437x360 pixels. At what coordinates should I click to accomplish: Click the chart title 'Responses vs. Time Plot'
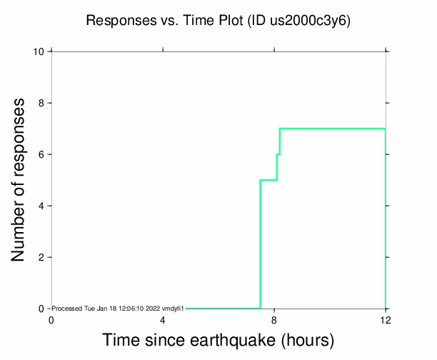pos(164,21)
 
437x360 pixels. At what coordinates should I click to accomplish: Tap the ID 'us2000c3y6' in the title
pos(309,21)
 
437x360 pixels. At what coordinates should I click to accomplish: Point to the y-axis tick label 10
pos(41,52)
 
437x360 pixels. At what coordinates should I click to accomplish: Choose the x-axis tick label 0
pos(51,321)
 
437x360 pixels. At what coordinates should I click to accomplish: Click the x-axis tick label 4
pos(163,321)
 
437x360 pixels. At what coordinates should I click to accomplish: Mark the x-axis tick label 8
pos(274,321)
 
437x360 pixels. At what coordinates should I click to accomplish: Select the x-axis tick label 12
pos(386,321)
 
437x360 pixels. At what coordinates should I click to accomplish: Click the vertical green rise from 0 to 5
pos(261,243)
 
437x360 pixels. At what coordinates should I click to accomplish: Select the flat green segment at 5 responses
pos(268,180)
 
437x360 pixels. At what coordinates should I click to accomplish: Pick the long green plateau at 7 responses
pos(332,129)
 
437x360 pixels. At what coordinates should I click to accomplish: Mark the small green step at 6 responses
pos(278,154)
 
